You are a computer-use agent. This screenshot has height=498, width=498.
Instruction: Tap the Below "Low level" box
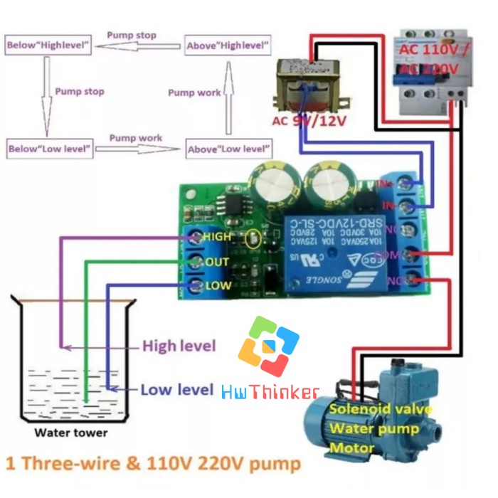click(x=49, y=149)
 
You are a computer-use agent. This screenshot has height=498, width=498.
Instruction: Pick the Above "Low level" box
click(x=228, y=149)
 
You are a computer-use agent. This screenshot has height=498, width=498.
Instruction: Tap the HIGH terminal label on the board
click(x=217, y=236)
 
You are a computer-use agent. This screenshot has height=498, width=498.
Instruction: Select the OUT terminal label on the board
click(x=217, y=262)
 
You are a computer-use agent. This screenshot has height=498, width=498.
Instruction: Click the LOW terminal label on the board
click(x=217, y=286)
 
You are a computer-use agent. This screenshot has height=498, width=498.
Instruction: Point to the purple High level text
click(x=179, y=346)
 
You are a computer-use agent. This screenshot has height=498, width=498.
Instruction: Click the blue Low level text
click(x=176, y=390)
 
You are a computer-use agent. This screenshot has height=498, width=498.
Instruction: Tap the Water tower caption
click(x=71, y=433)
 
